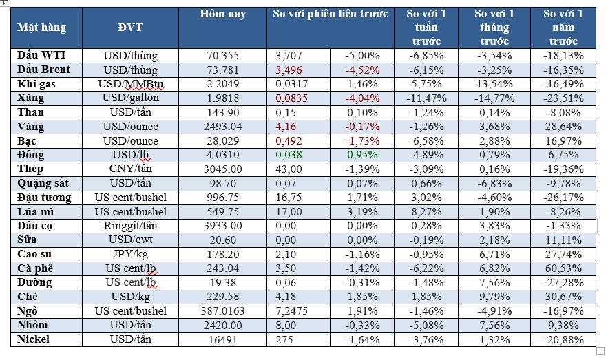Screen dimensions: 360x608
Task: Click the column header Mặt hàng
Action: tap(42, 28)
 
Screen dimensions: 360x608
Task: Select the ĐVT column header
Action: tap(131, 28)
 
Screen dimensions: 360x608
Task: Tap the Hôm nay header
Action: tap(222, 14)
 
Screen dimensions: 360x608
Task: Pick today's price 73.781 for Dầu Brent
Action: tap(222, 70)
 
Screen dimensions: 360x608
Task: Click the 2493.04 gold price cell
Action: tap(222, 127)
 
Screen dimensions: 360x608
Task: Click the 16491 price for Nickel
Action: tap(222, 339)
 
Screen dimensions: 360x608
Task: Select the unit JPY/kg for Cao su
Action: tap(131, 254)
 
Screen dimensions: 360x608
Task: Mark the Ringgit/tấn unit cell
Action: tap(131, 226)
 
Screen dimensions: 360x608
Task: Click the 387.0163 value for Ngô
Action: tap(222, 311)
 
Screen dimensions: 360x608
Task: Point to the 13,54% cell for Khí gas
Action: tap(495, 84)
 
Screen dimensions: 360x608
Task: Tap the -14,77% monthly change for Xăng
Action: tap(495, 98)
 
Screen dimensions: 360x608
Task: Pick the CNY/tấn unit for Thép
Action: tap(131, 169)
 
